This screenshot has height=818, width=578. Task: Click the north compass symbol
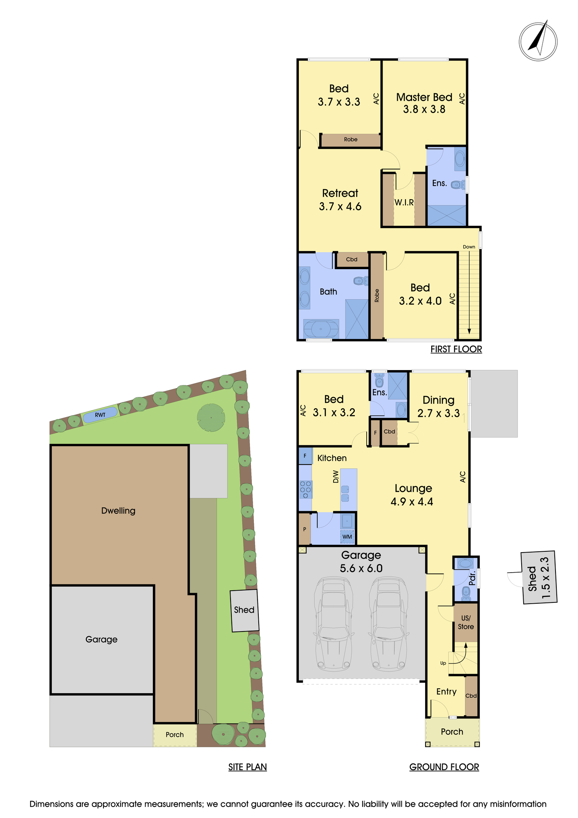538,42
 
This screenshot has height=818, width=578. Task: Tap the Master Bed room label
424,97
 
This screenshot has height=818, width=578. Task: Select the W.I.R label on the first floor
404,202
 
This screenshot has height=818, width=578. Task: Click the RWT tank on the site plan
100,415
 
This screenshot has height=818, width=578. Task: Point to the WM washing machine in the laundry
347,536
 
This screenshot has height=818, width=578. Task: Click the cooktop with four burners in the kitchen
305,490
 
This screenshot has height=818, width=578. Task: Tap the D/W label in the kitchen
336,476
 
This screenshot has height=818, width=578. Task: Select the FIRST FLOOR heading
456,349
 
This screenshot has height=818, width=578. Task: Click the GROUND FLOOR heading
444,767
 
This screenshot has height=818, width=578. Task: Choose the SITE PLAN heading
247,767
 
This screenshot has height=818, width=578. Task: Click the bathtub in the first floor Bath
321,329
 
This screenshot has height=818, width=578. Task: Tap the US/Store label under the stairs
466,622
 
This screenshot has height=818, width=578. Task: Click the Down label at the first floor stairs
469,247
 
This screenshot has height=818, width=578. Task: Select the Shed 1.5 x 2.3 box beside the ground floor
539,578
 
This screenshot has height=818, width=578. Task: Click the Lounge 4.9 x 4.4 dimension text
412,502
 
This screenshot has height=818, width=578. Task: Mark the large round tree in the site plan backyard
211,418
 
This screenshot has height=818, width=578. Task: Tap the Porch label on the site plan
175,735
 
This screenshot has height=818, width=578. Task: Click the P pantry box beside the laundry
305,529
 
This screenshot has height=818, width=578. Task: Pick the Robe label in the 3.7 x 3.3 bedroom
351,139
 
